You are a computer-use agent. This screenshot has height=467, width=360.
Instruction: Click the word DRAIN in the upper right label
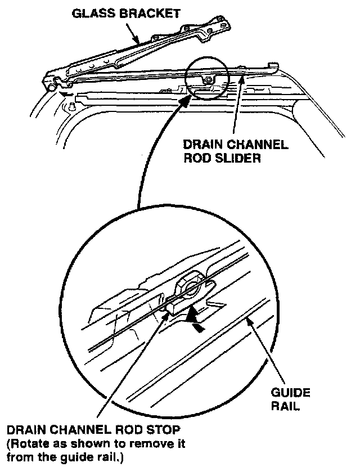pos(202,145)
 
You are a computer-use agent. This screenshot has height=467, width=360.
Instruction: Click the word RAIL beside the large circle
pos(287,405)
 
